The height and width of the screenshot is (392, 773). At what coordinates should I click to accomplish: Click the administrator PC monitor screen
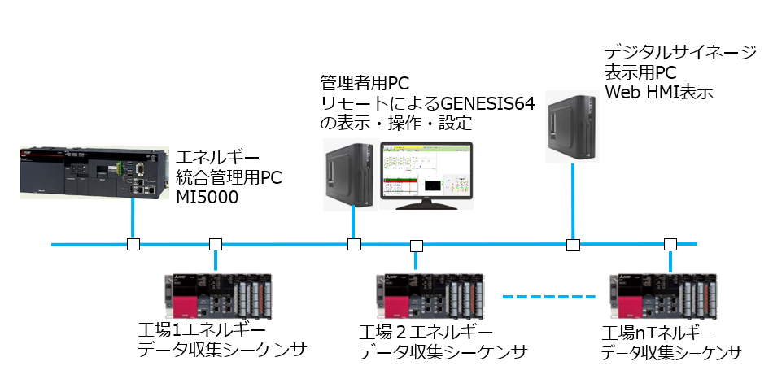426,172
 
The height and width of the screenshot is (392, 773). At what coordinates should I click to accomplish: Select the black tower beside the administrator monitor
349,173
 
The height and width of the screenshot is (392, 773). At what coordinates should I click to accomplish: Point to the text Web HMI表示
659,92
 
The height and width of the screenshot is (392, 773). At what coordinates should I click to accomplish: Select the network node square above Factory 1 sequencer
216,244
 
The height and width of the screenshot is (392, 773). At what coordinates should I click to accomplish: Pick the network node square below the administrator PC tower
354,244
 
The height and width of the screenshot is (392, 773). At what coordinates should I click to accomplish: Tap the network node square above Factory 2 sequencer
417,244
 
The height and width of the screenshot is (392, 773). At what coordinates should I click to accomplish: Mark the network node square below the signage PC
573,244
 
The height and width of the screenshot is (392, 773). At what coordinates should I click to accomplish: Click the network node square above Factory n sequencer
670,244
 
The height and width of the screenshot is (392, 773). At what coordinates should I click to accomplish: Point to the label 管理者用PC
365,83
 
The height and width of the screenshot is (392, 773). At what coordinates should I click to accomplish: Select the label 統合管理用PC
229,176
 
